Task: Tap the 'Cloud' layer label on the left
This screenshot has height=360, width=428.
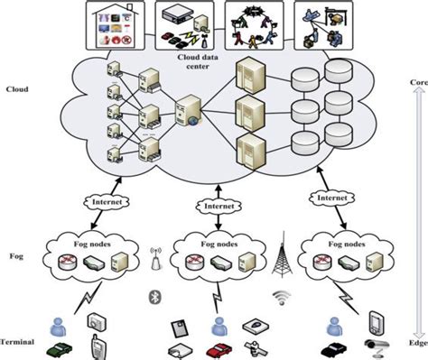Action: pos(17,89)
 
